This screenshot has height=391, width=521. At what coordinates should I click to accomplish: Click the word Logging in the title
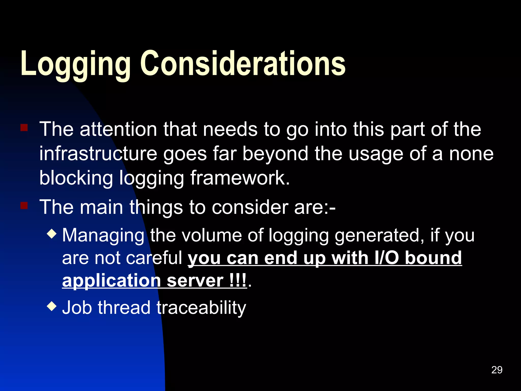point(75,64)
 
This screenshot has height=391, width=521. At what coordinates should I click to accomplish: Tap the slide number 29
point(497,370)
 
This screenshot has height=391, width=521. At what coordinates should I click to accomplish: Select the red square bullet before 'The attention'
point(24,128)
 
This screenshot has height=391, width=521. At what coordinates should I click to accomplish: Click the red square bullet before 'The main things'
point(24,205)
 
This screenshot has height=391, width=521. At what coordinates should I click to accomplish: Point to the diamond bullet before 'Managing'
point(52,233)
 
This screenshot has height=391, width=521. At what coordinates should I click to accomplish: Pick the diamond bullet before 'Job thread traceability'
point(52,306)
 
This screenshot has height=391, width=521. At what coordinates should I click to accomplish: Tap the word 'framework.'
point(240,178)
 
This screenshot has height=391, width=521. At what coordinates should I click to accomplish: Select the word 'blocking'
point(76,178)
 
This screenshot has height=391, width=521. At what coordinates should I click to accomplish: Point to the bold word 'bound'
point(433,258)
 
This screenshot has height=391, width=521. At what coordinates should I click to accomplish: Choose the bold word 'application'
point(111,281)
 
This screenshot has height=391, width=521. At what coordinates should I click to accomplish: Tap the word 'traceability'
point(201,308)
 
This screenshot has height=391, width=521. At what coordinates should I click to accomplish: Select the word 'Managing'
point(103,235)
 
